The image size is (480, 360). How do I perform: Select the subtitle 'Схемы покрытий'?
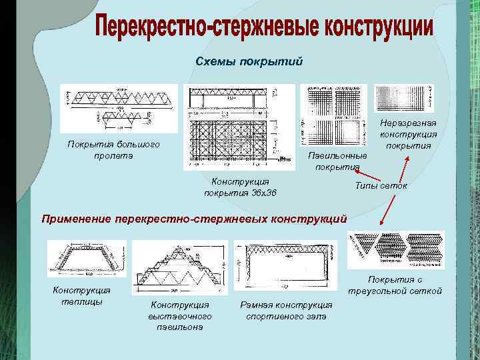[249, 62]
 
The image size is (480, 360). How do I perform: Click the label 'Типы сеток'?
[381, 186]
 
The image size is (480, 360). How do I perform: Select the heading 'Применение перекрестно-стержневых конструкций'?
[194, 217]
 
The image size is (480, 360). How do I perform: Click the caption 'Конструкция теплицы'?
[81, 295]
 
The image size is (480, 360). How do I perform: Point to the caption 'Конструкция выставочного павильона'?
[180, 315]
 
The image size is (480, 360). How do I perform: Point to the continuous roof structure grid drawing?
[403, 99]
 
